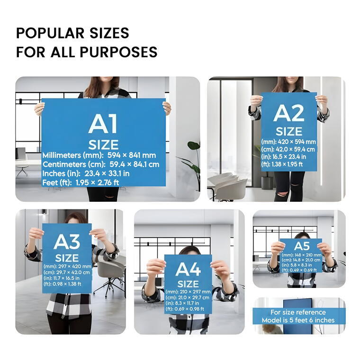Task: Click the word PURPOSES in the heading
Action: [118, 52]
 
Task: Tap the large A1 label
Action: [103, 124]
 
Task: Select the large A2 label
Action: [289, 113]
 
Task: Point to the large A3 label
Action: [67, 242]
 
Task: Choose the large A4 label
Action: [188, 270]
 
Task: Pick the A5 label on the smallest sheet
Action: [302, 246]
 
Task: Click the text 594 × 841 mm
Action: [132, 155]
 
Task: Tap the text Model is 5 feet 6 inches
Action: [298, 320]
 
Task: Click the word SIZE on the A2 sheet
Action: [289, 132]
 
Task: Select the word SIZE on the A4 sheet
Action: [188, 284]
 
